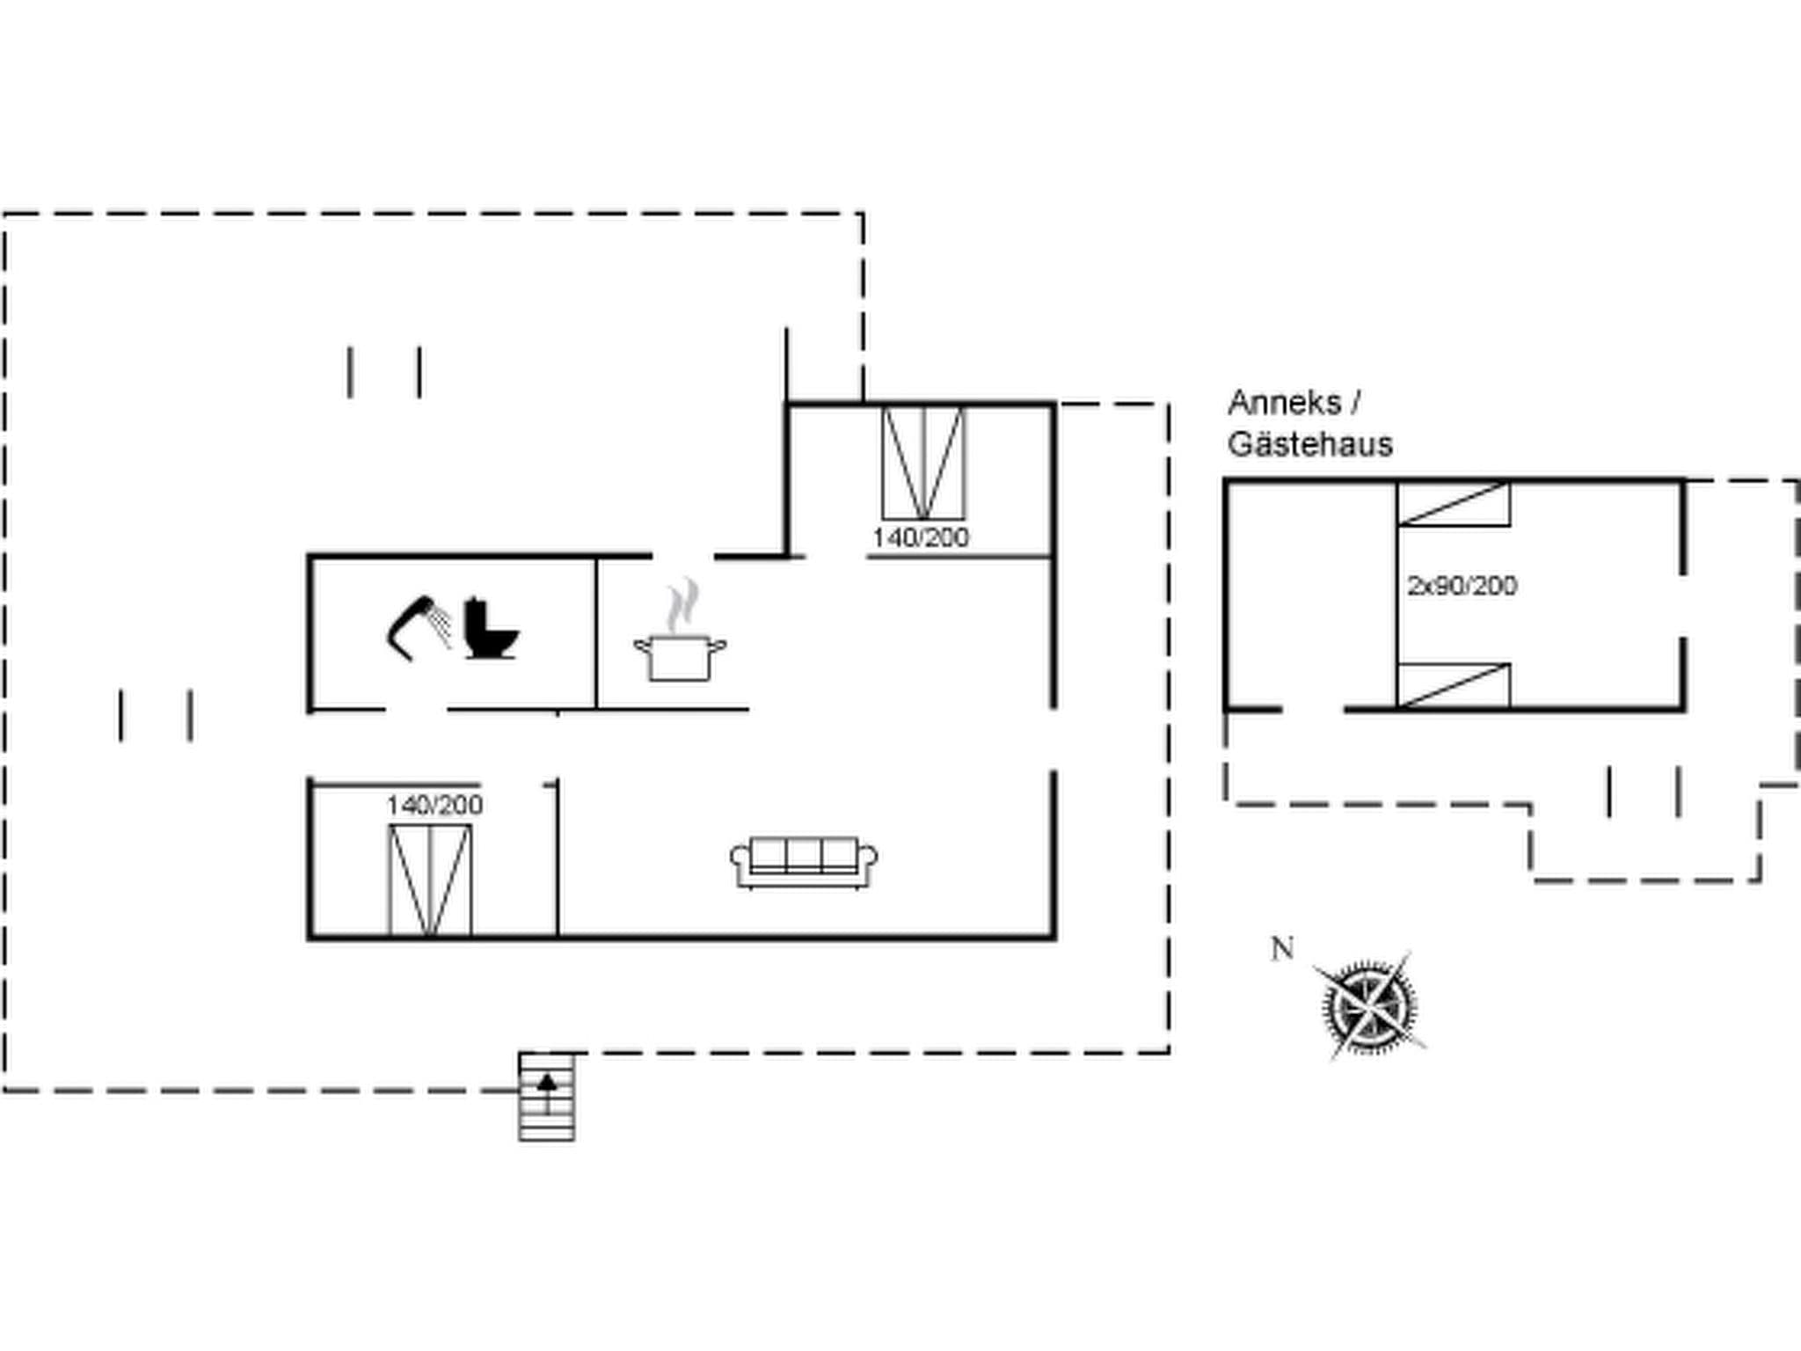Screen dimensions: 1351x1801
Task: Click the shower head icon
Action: [x=417, y=626]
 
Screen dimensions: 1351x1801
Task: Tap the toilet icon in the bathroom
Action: [x=489, y=629]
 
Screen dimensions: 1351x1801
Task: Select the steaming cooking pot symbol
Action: [x=680, y=642]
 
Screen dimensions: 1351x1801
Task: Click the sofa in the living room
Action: [x=804, y=862]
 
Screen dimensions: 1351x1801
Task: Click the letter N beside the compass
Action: [x=1283, y=949]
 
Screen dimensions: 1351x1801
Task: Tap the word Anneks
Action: [x=1285, y=403]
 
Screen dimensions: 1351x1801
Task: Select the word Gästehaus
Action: [x=1309, y=444]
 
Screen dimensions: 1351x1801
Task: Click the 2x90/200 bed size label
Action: [x=1462, y=586]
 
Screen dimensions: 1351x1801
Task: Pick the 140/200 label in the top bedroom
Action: [x=920, y=537]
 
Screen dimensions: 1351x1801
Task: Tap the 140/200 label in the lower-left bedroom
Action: [x=434, y=805]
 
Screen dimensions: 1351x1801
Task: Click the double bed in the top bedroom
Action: [x=923, y=464]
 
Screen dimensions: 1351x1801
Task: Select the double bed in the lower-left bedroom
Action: [x=430, y=880]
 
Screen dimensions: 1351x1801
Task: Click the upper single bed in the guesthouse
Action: [x=1454, y=504]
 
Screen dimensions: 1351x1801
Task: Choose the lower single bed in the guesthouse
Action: [x=1454, y=686]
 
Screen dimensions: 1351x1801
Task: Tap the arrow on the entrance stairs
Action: [x=547, y=1083]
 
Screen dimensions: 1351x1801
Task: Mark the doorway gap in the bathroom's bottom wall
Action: [x=416, y=709]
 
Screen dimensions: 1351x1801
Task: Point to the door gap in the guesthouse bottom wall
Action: [x=1312, y=709]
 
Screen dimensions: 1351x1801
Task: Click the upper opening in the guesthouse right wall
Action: [x=1683, y=606]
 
